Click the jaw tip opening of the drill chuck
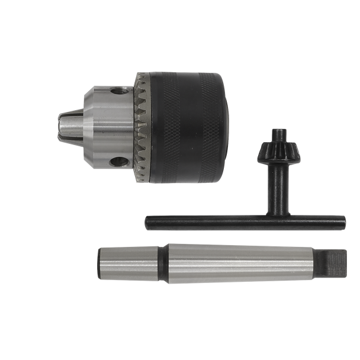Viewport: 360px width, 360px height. (61, 124)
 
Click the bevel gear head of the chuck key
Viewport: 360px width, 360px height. (275, 155)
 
